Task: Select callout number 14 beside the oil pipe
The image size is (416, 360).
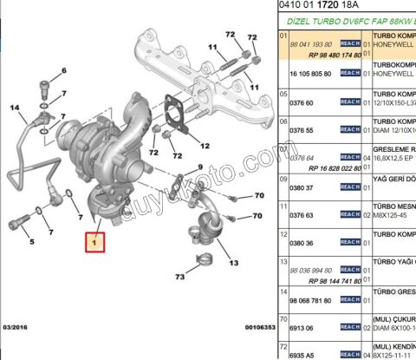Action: [15, 108]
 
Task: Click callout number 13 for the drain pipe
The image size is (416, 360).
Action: [232, 261]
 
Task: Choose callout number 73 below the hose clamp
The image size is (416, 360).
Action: [179, 278]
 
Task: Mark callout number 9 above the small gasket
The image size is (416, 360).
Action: [198, 167]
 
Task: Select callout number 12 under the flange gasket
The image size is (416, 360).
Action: [205, 143]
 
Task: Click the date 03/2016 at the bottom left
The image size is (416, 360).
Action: [17, 328]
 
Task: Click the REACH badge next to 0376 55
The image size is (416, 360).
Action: [349, 130]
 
